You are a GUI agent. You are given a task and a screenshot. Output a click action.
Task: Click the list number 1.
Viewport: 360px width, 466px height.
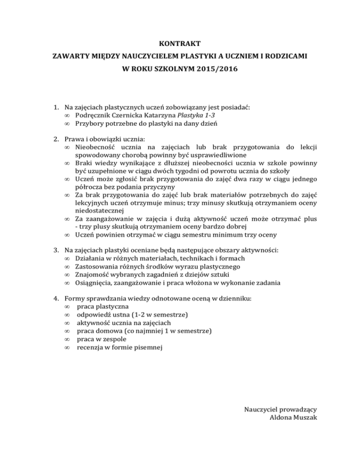tap(55, 107)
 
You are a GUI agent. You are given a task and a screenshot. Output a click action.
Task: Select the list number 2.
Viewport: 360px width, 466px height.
tap(55, 139)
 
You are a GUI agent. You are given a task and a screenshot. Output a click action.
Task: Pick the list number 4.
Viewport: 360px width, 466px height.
tap(55, 299)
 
